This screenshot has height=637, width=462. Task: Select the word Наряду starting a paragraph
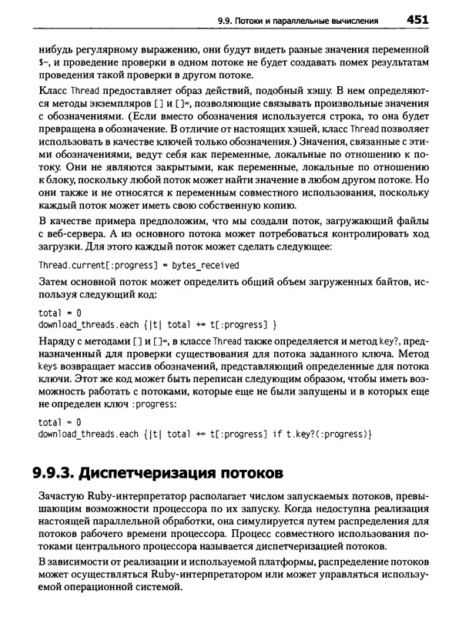(x=56, y=341)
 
